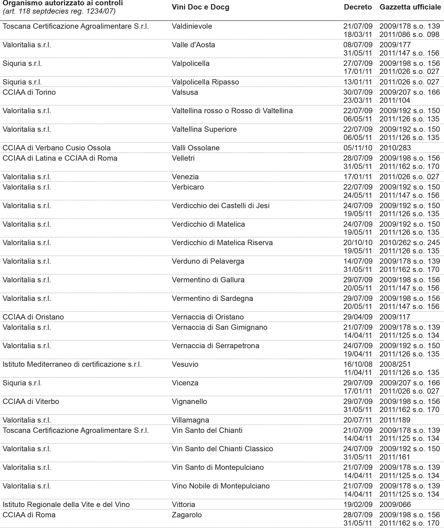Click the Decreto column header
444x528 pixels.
[x=358, y=7]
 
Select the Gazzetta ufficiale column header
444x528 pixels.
[x=410, y=7]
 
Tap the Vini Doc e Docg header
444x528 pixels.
[x=200, y=7]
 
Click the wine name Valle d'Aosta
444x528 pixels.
[x=193, y=45]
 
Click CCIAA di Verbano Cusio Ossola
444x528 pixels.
[x=56, y=148]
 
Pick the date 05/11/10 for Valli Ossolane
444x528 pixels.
[x=358, y=148]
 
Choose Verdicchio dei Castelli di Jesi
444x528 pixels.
[x=221, y=206]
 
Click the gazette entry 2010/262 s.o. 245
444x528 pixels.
[x=410, y=243]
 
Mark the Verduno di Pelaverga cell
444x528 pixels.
[x=208, y=261]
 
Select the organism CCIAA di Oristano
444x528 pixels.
[x=33, y=317]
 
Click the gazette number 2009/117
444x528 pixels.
[x=395, y=317]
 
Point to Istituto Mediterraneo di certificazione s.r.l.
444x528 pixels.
[x=72, y=364]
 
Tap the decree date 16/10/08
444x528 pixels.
[x=358, y=364]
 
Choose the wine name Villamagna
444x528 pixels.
[x=190, y=420]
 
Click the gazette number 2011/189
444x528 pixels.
[x=395, y=420]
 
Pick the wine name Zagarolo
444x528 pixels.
[x=186, y=515]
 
